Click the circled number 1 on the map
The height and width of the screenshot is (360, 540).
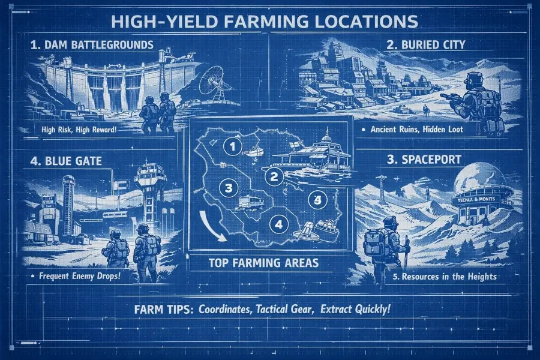tap(231, 145)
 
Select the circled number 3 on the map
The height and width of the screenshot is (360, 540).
tap(227, 188)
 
